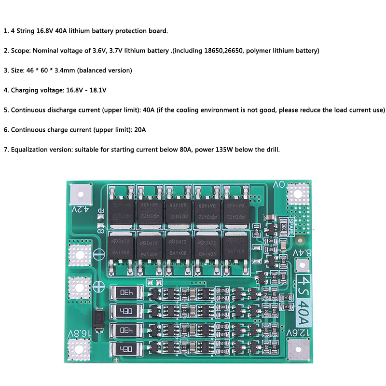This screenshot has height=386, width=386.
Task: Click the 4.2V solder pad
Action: [80, 194]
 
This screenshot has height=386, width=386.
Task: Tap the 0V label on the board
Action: [279, 185]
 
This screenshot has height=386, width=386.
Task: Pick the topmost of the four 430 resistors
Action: [126, 292]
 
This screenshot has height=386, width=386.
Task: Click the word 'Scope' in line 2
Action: [20, 50]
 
